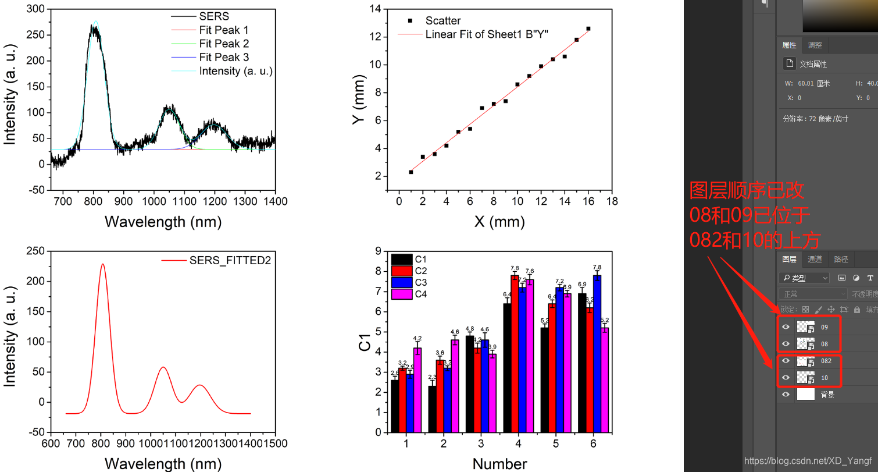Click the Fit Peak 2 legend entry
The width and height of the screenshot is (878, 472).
click(224, 44)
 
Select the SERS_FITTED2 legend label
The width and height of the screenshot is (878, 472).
click(230, 261)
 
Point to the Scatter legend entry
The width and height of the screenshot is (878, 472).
click(442, 21)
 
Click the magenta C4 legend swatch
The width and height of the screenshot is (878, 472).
click(402, 294)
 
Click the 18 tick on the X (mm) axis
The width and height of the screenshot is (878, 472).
click(612, 201)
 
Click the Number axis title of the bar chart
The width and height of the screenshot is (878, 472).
click(499, 464)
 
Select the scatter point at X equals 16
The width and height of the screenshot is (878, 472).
click(588, 29)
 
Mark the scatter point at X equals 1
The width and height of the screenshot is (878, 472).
click(411, 172)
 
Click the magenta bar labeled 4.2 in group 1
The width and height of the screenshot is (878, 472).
click(417, 390)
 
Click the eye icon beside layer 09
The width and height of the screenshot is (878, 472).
click(786, 327)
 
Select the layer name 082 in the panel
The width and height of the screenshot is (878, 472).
click(826, 361)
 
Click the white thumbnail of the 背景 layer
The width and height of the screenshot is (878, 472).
click(805, 395)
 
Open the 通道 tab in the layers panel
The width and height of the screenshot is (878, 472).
click(815, 260)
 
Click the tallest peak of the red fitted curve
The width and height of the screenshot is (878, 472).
click(103, 264)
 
